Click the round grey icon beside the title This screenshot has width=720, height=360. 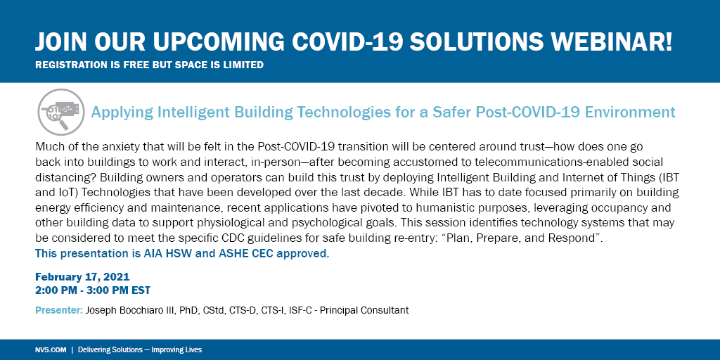[x=60, y=112]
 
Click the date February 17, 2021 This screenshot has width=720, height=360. [x=82, y=277]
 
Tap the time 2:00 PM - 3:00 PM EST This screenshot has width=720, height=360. [x=92, y=290]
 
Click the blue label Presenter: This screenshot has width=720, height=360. [x=58, y=310]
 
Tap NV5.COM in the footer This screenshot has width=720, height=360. [x=49, y=349]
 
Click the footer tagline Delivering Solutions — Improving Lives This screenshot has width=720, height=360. [x=140, y=349]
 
